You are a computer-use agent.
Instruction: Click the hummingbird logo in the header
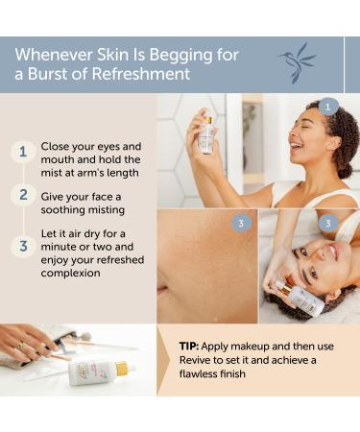click(x=296, y=62)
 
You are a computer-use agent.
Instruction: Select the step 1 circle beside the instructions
click(x=21, y=152)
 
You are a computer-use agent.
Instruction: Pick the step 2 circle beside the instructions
click(x=21, y=195)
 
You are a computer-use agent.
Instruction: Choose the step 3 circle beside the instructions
click(x=21, y=246)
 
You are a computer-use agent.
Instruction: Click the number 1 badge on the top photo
click(x=329, y=107)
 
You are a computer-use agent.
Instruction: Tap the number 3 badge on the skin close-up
click(x=241, y=223)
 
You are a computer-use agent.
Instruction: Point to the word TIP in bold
click(x=189, y=346)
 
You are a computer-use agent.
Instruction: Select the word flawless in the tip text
click(x=204, y=374)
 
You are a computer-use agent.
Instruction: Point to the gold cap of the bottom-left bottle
click(x=122, y=369)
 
